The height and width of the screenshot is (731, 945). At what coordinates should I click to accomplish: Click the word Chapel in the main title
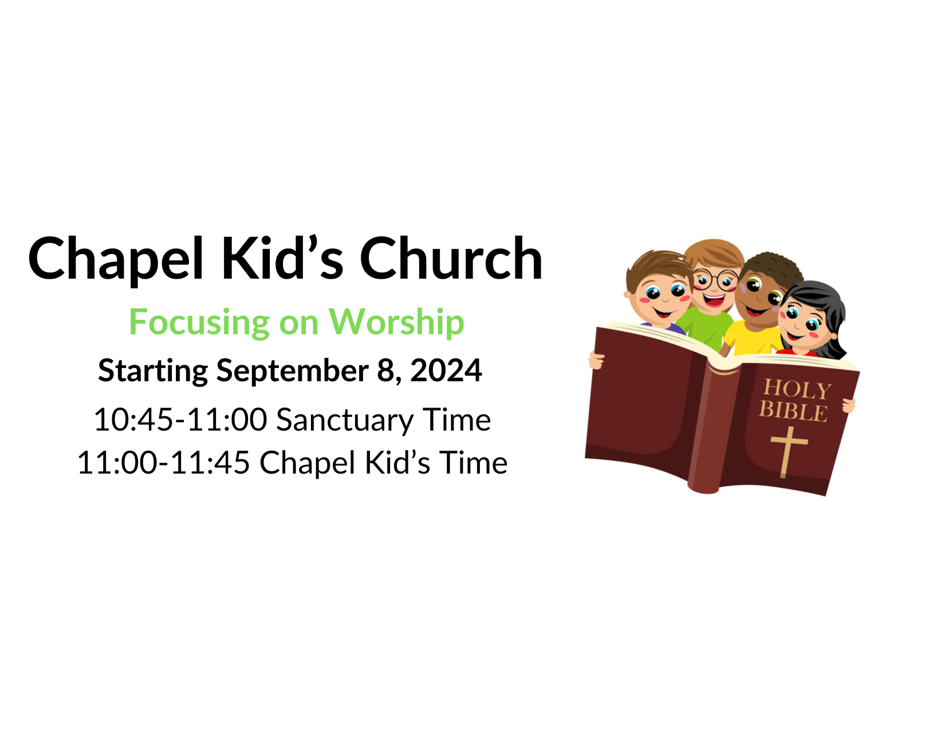[x=116, y=260]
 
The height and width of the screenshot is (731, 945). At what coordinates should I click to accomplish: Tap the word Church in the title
[x=451, y=258]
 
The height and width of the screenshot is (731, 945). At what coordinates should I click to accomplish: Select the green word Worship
[x=396, y=323]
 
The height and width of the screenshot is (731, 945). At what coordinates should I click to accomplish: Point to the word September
[x=293, y=372]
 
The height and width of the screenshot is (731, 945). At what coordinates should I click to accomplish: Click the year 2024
[x=446, y=370]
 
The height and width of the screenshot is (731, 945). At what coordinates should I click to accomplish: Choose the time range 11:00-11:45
[x=164, y=462]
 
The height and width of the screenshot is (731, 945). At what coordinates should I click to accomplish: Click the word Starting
[x=153, y=372]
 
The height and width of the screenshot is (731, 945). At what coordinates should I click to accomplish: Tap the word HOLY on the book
[x=797, y=389]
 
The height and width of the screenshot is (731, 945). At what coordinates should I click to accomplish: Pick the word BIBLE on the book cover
[x=793, y=412]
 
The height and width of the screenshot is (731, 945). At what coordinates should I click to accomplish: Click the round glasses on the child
[x=715, y=280]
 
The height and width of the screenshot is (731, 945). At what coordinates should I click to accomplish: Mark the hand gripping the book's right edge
[x=848, y=405]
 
